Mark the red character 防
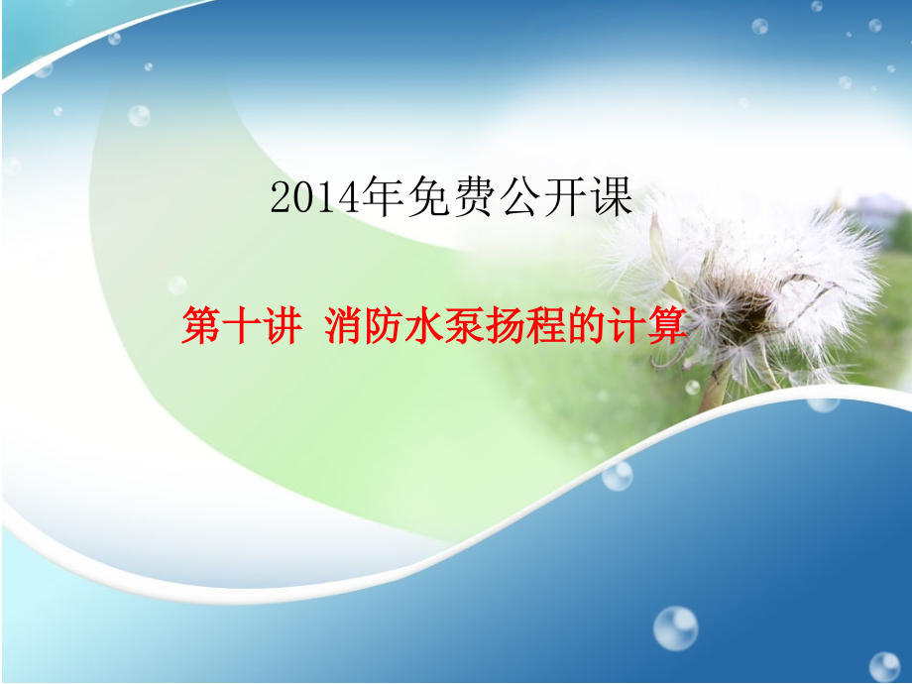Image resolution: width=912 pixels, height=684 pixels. [x=384, y=326]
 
